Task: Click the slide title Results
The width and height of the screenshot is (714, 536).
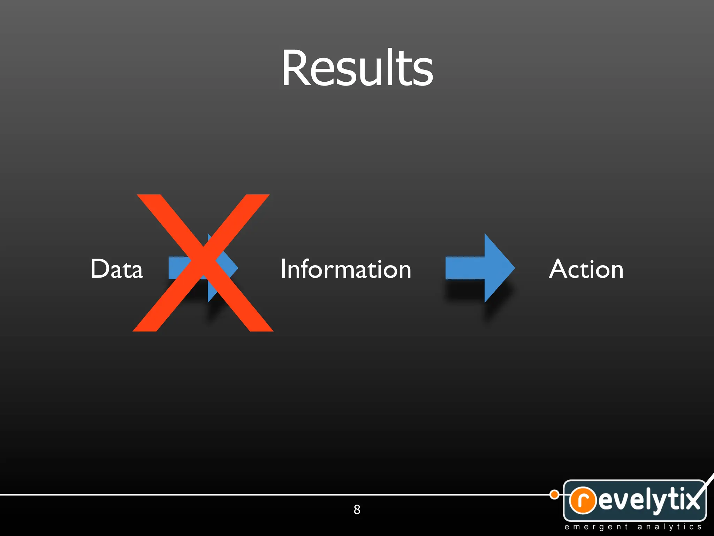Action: (357, 68)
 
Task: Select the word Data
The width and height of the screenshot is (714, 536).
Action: (117, 269)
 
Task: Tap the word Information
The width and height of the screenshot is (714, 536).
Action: (346, 269)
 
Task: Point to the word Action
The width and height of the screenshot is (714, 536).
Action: (586, 269)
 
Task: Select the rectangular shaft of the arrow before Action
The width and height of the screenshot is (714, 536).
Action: (465, 268)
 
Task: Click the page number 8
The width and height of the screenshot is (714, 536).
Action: (357, 509)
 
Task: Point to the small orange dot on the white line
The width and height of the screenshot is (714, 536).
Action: (554, 494)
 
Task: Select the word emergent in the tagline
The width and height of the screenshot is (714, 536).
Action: (596, 527)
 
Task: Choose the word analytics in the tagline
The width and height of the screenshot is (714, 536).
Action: (669, 527)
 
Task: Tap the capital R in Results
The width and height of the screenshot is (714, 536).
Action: (295, 68)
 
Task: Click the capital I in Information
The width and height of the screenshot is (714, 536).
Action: (283, 269)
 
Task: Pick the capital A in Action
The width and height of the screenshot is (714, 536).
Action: (559, 269)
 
